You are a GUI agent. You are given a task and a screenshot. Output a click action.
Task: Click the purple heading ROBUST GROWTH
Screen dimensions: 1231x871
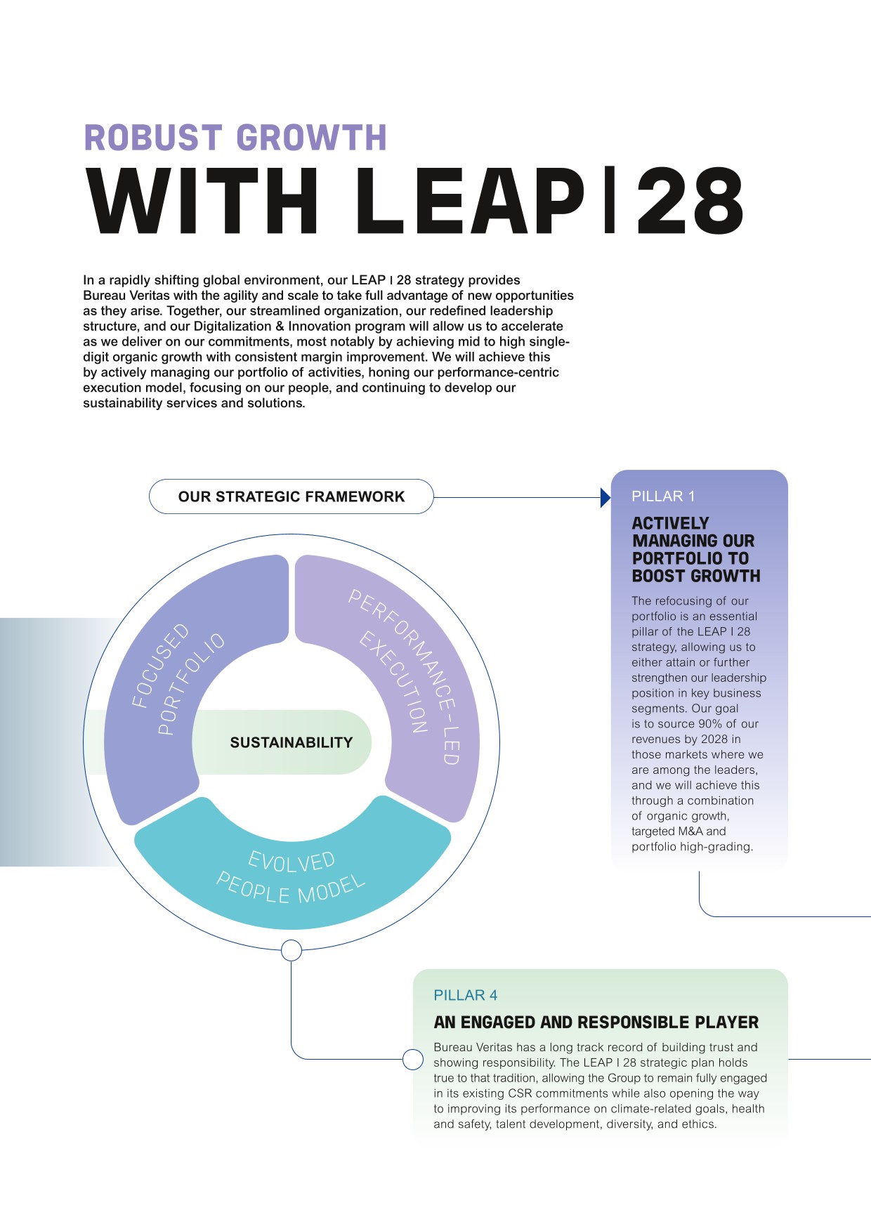click(x=235, y=138)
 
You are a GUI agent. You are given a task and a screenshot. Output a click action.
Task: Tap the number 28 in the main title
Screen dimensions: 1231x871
click(x=690, y=202)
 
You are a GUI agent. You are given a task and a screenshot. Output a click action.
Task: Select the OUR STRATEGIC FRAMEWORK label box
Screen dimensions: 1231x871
click(x=292, y=496)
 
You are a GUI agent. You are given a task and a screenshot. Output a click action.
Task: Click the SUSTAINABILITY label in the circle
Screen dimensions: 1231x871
click(x=291, y=742)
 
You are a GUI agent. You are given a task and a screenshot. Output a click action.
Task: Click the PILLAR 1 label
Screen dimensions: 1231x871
click(x=663, y=496)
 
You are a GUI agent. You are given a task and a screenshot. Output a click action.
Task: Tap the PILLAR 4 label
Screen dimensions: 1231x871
click(x=466, y=995)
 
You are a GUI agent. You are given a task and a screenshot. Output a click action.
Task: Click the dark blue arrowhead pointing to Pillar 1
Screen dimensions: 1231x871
click(x=605, y=498)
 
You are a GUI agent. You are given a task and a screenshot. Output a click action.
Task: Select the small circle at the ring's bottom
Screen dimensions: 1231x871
click(x=292, y=950)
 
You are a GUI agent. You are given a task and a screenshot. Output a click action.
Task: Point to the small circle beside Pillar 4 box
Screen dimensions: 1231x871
click(x=413, y=1059)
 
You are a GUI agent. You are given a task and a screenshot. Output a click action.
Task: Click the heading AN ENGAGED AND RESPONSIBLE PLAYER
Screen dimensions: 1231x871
click(x=596, y=1022)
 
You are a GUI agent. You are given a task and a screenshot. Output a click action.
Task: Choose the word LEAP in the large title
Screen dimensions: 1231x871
click(x=469, y=202)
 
